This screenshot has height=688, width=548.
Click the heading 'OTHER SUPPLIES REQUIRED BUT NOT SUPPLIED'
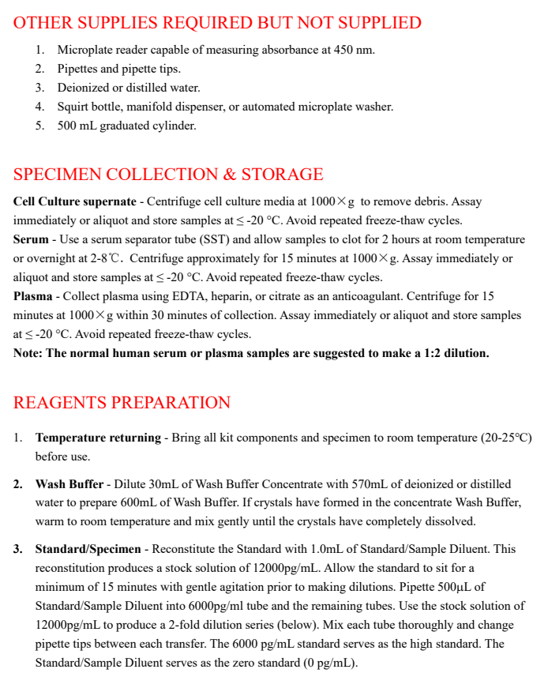pyautogui.click(x=217, y=22)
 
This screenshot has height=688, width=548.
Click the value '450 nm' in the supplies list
pyautogui.click(x=353, y=50)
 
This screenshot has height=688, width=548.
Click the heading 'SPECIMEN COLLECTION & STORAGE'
pyautogui.click(x=168, y=174)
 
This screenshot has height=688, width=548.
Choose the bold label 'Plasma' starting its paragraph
pyautogui.click(x=32, y=296)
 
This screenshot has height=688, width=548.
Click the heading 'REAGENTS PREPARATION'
pyautogui.click(x=122, y=402)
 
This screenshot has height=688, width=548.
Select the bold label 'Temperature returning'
pyautogui.click(x=97, y=438)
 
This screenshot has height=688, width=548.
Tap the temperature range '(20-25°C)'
pyautogui.click(x=506, y=438)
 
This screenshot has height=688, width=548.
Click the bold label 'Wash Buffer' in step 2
pyautogui.click(x=69, y=484)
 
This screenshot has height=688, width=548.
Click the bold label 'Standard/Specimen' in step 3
pyautogui.click(x=88, y=549)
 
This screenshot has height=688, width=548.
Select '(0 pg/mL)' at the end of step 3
pyautogui.click(x=330, y=663)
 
